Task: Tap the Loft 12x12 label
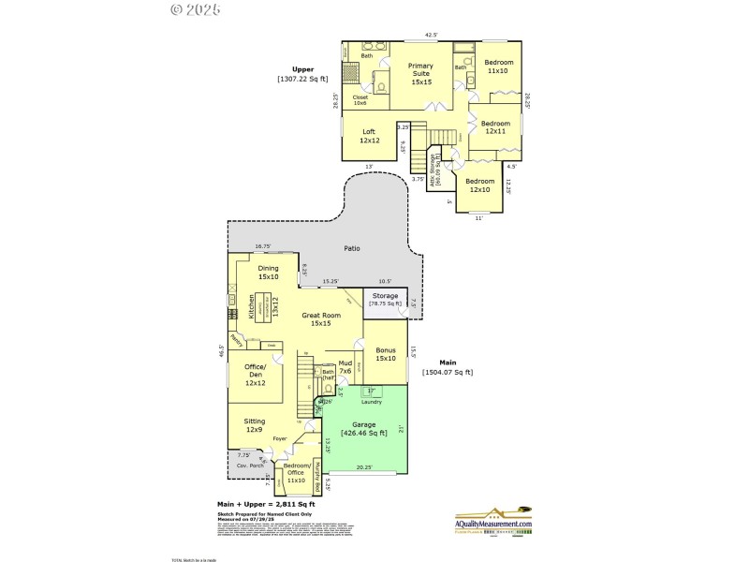(x=370, y=136)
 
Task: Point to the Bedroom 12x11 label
(x=496, y=127)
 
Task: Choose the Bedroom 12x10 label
(x=479, y=185)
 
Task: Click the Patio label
(x=351, y=248)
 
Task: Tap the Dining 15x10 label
(x=269, y=273)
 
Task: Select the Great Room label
(x=320, y=319)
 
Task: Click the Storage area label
(x=384, y=300)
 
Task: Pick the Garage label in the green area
(x=365, y=429)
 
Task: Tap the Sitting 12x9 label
(x=255, y=425)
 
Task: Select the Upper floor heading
(x=302, y=69)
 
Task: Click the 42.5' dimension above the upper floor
(x=432, y=35)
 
